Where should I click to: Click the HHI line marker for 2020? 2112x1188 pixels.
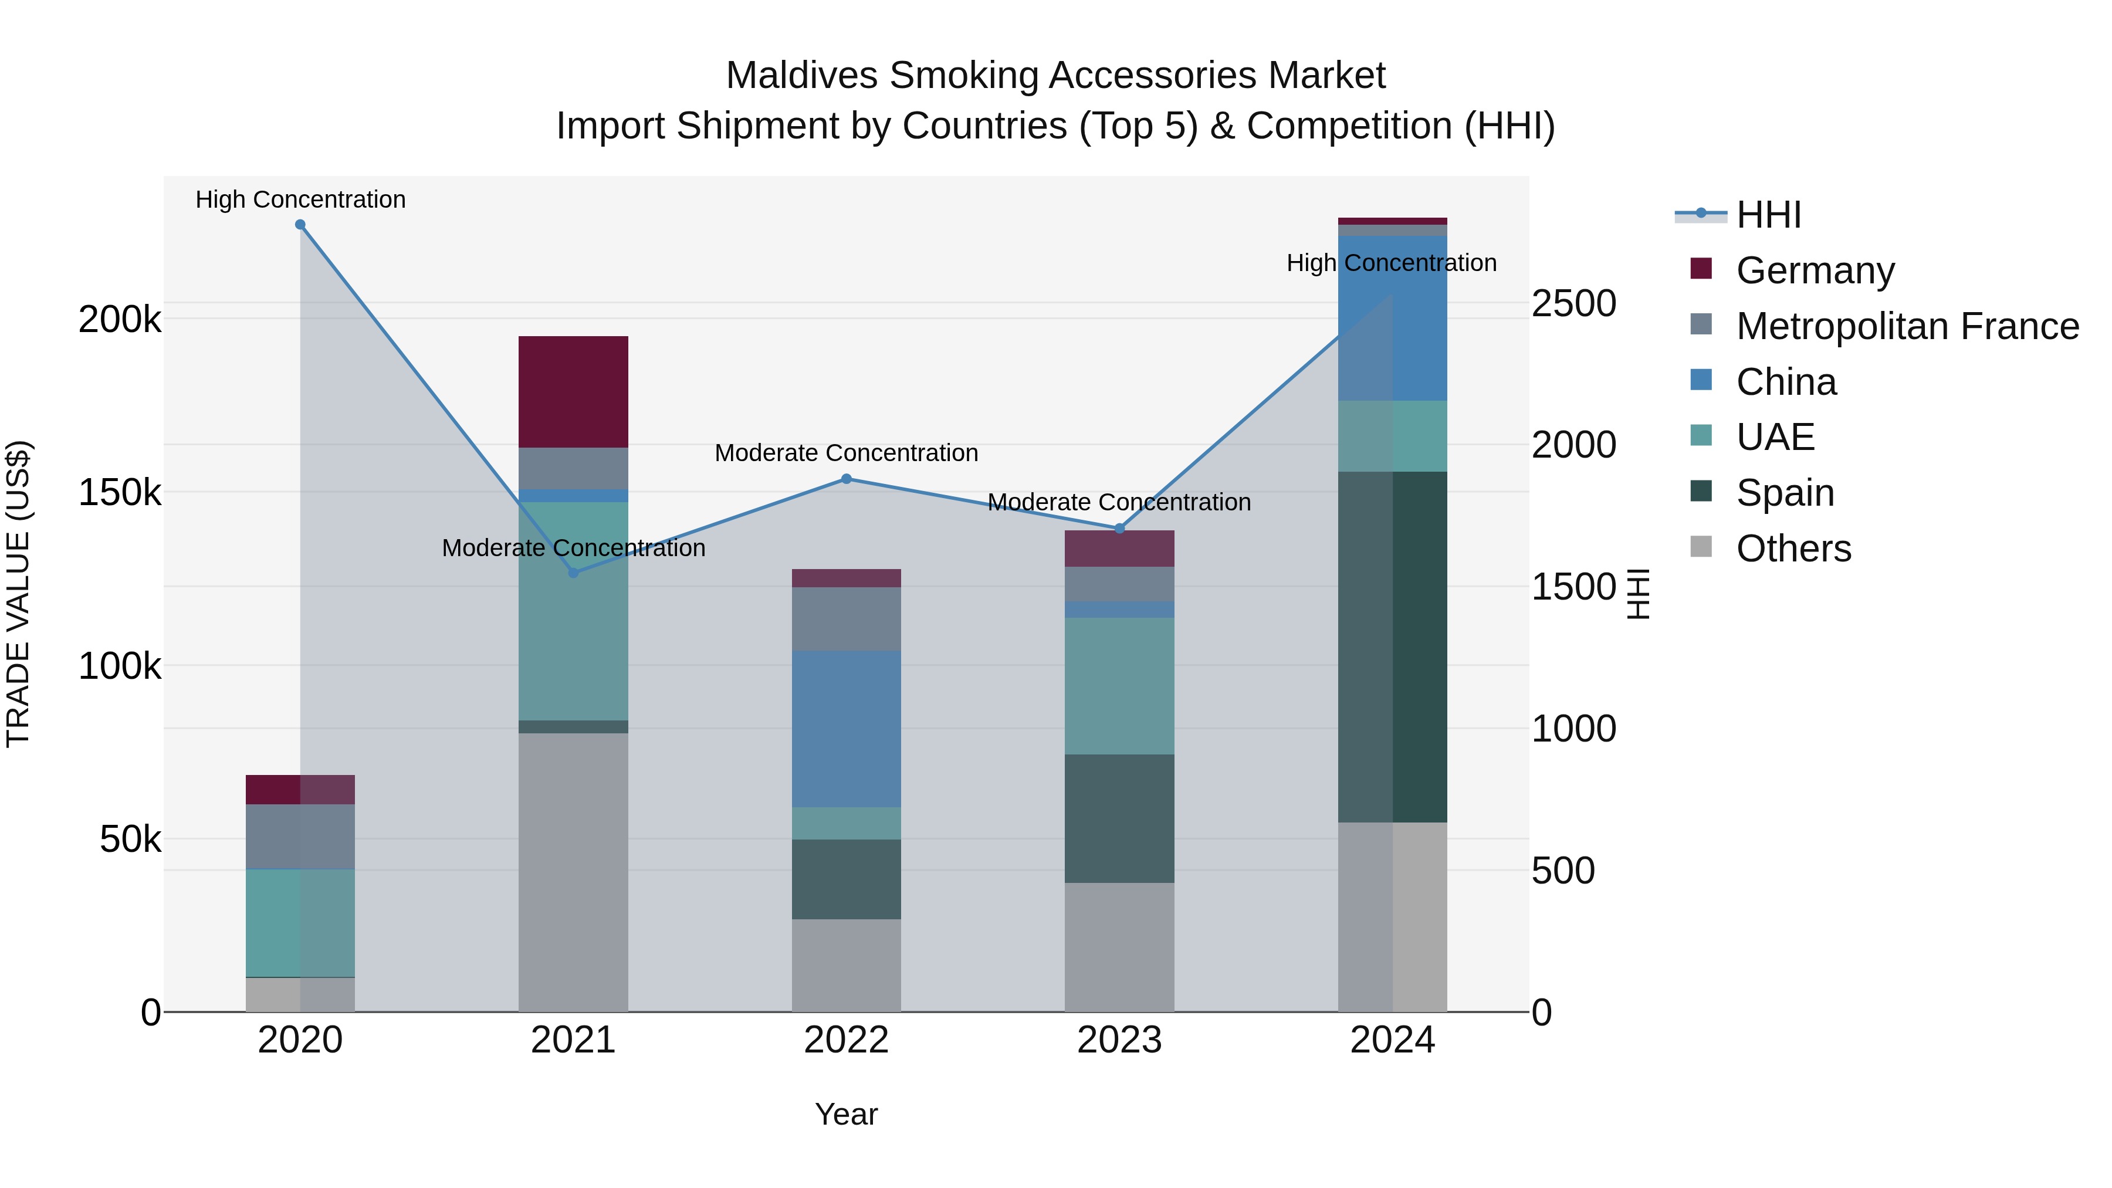pos(300,225)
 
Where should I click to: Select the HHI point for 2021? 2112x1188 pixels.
pos(573,572)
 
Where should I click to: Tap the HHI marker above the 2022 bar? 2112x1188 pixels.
pos(846,479)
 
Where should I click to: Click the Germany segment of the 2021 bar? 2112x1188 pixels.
pos(573,391)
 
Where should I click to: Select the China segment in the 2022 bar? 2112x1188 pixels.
pos(846,728)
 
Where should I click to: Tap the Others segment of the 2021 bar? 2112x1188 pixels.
pos(573,872)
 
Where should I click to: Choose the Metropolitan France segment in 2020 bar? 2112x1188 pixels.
pos(300,835)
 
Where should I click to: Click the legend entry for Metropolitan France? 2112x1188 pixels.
pos(1907,326)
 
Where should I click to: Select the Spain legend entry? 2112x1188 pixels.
pos(1785,493)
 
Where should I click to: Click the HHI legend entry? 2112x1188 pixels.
pos(1768,215)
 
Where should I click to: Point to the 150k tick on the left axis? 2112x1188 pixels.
pos(120,493)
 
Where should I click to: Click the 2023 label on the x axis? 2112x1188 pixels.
pos(1119,1040)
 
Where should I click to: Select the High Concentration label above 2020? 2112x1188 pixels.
pos(300,199)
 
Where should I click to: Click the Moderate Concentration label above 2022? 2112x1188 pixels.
pos(846,452)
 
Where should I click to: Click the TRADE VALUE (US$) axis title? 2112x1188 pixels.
pos(18,594)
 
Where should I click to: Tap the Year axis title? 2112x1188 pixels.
pos(846,1114)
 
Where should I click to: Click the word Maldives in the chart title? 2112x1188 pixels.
pos(801,76)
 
